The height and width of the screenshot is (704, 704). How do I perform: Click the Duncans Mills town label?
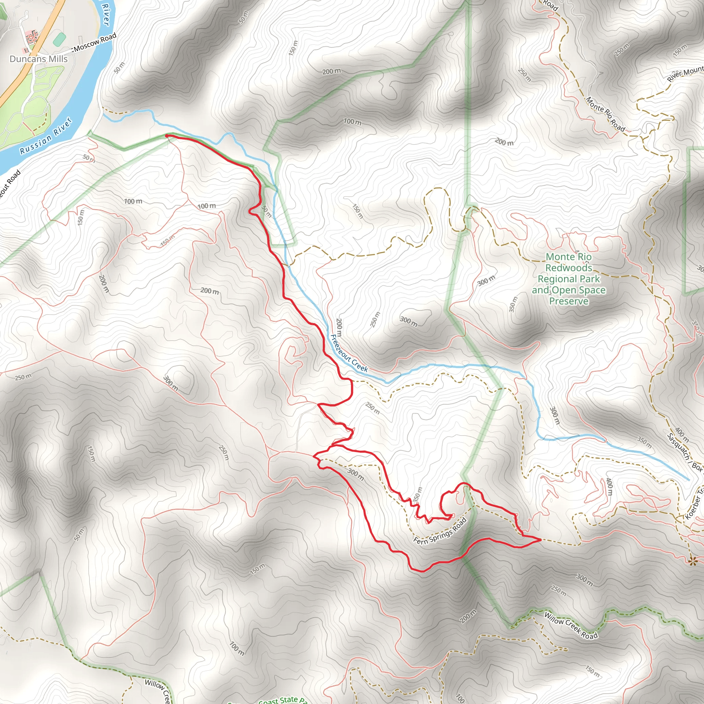point(38,59)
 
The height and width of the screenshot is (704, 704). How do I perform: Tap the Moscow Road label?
point(96,42)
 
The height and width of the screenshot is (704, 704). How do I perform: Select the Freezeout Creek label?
point(350,353)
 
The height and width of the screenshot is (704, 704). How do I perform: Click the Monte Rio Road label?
point(605,114)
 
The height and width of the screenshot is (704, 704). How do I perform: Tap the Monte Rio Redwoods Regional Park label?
point(569,279)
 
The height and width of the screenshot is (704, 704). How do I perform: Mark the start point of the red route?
point(166,135)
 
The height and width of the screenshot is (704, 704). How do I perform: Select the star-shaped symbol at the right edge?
point(692,561)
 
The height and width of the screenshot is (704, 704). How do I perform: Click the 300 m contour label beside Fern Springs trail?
point(355,474)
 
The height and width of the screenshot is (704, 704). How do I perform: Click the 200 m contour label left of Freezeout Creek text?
point(339,327)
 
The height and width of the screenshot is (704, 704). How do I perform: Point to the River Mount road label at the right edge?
point(685,74)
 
